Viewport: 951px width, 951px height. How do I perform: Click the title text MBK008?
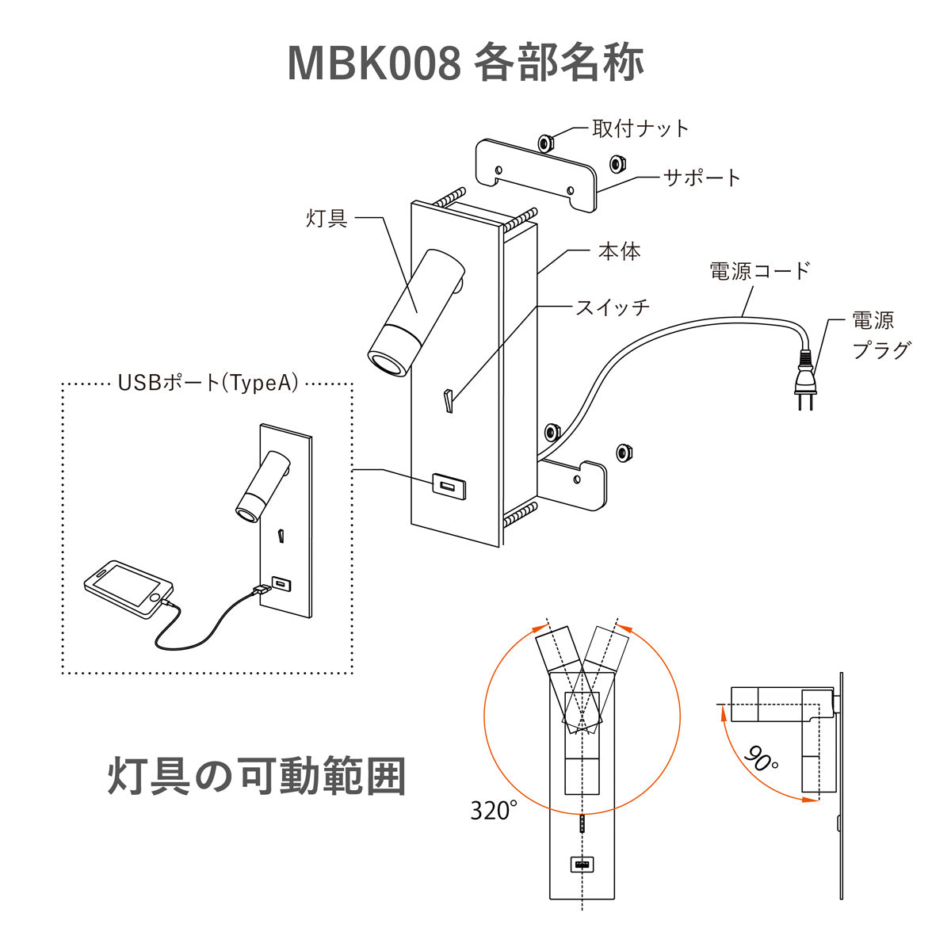click(372, 63)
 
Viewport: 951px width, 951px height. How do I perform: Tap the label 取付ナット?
click(640, 128)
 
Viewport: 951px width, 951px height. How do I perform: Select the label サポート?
click(702, 178)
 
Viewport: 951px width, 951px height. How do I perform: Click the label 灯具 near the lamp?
click(327, 218)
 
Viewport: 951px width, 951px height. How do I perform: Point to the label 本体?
click(619, 252)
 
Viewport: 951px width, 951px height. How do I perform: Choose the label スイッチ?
click(613, 307)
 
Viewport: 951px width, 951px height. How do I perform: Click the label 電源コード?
click(760, 271)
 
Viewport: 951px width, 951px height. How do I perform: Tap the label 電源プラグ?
click(880, 335)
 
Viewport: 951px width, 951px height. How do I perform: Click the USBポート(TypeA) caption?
click(208, 384)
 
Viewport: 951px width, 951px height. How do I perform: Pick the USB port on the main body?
click(448, 484)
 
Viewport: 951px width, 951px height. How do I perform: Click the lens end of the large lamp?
click(388, 364)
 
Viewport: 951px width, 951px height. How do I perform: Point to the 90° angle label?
click(761, 759)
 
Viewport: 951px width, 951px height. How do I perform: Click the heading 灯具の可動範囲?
click(257, 777)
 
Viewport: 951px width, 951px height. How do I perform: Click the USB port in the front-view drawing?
click(582, 865)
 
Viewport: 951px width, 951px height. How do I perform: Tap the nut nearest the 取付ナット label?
click(544, 143)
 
